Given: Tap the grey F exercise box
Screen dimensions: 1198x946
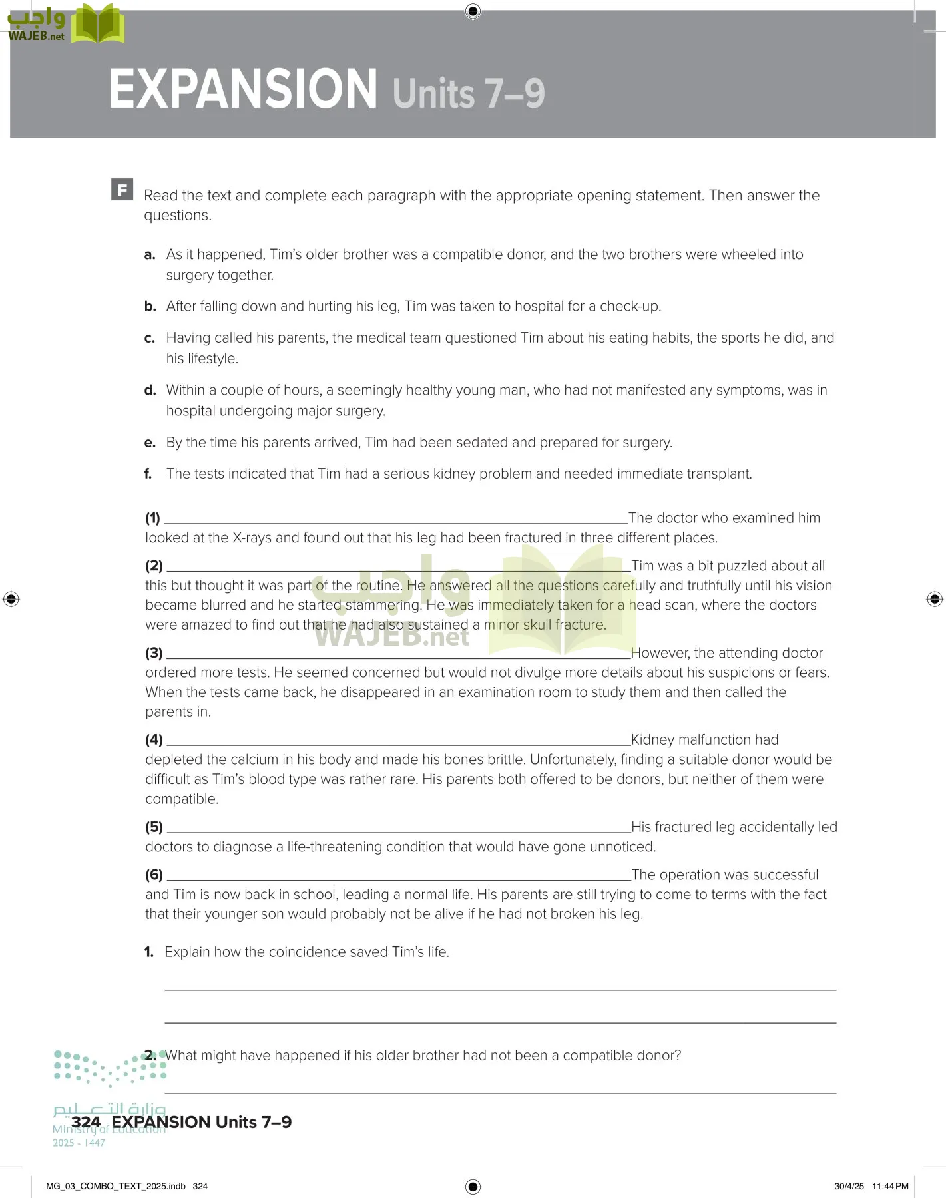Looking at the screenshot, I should pos(122,190).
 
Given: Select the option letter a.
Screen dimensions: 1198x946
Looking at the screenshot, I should pos(150,254).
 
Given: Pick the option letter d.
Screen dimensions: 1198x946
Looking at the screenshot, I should pos(150,390).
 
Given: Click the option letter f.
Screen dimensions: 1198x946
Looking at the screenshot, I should pos(148,474).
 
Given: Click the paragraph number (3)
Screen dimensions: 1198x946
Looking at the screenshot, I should pos(154,653).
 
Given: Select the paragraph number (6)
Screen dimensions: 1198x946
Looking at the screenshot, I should pos(154,875).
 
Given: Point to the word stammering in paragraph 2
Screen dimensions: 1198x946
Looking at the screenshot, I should pos(383,605).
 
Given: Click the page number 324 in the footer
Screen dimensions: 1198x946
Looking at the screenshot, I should pos(86,1122).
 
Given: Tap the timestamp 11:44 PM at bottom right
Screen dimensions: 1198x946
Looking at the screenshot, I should pos(890,1186).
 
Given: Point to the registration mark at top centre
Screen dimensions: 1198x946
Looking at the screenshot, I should pos(473,11).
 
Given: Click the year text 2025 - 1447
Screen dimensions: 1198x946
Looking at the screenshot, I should pos(79,1143).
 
